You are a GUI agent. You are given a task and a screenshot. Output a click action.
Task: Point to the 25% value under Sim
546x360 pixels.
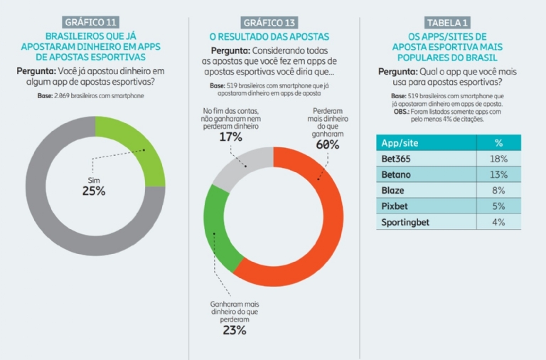(93, 191)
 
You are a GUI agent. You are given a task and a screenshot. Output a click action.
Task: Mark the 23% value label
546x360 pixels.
(233, 330)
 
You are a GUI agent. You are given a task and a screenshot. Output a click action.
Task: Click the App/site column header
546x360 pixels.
(402, 142)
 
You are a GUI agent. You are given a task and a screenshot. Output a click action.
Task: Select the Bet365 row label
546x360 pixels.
(398, 159)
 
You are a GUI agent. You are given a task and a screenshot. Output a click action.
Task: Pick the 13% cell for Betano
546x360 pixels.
(498, 174)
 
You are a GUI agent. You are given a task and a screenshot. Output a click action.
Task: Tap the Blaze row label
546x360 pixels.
(395, 190)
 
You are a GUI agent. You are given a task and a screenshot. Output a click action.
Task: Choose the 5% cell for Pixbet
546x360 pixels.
(498, 206)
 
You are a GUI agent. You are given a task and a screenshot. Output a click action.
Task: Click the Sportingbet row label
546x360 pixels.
(406, 222)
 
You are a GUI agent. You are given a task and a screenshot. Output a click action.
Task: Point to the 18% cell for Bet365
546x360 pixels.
(498, 159)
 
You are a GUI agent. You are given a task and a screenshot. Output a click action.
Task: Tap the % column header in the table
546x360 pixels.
(498, 142)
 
